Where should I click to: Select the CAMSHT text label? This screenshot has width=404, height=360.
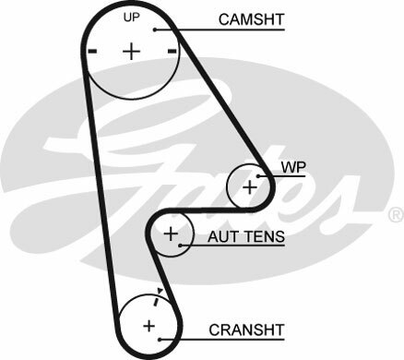point(250,18)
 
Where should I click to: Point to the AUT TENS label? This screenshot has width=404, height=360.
point(245,236)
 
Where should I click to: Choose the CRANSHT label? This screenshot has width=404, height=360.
point(245,328)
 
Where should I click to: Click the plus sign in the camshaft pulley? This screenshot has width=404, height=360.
point(132,52)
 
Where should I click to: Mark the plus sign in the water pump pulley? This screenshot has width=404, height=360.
point(249,186)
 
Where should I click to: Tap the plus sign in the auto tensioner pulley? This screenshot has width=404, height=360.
point(170,235)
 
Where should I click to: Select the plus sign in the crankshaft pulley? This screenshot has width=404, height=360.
point(149,326)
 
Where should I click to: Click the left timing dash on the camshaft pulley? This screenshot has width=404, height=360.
point(92,52)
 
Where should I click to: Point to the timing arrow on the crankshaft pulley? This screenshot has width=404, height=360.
point(160,293)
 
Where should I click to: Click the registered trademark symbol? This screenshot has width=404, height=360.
point(395,214)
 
